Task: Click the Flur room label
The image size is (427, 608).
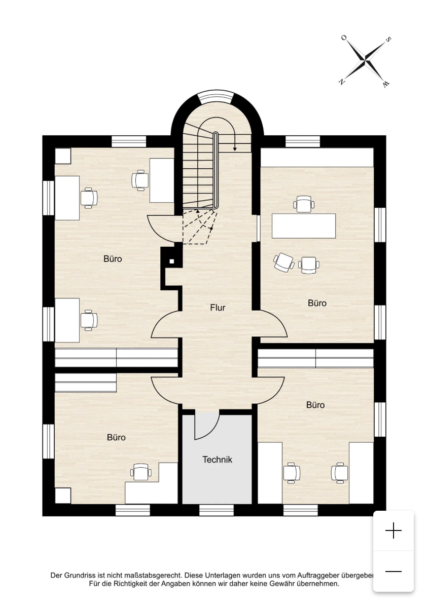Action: [x=218, y=308]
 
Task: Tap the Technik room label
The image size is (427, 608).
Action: [x=217, y=460]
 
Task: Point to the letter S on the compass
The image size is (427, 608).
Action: [x=388, y=39]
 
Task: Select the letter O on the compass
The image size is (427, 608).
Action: [x=344, y=37]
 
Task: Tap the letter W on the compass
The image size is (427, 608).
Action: [x=386, y=84]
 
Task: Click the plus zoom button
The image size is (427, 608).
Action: [x=394, y=530]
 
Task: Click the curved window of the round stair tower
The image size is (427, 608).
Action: [x=216, y=97]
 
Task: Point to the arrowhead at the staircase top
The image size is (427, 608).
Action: [x=235, y=149]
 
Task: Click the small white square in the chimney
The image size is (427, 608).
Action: [x=172, y=261]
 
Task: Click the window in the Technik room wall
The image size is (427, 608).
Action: [x=217, y=510]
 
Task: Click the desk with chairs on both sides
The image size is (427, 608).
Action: [x=304, y=226]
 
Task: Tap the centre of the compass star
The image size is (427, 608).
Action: [x=366, y=60]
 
